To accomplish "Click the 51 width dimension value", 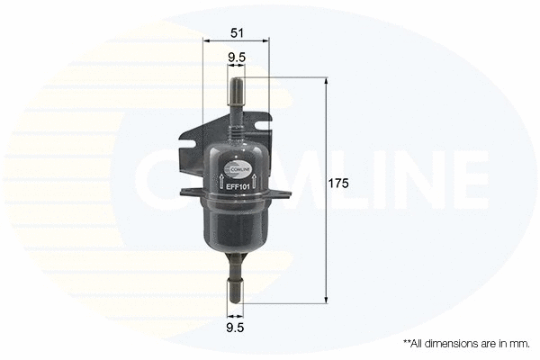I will pos(236,32).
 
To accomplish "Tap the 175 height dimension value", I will pos(337,183).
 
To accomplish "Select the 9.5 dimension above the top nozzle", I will pos(237,58).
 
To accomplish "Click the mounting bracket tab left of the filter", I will pos(192,157).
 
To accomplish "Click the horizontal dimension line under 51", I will pos(236,41).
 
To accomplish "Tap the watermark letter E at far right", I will pos(467,177).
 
